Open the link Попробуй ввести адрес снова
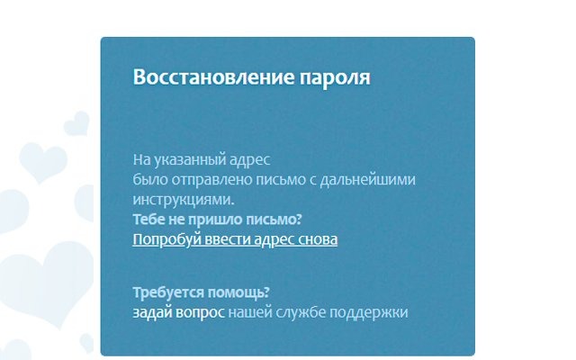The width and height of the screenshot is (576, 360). click(235, 239)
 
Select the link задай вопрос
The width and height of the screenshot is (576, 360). click(178, 312)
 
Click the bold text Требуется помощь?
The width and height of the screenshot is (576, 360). click(202, 293)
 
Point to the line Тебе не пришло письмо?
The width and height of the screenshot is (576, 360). click(217, 220)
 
